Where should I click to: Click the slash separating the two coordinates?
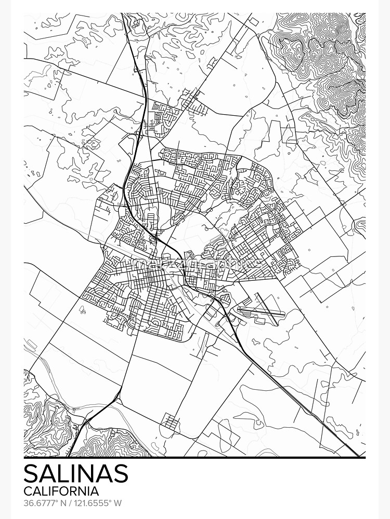69,503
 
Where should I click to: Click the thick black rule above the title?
194,458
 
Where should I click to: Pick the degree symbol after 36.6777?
56,501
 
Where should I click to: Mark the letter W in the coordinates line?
118,503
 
